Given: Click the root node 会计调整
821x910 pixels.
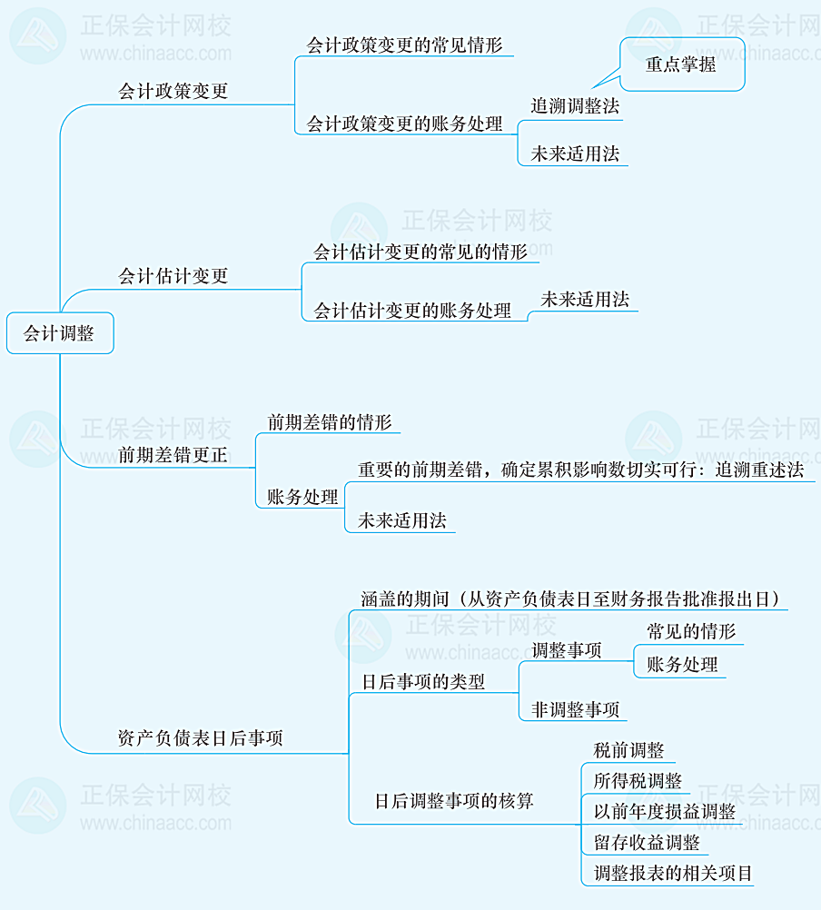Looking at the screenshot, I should click(59, 333).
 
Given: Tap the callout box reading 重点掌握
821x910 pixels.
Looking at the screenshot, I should click(681, 64).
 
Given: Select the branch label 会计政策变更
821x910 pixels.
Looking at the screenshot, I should click(173, 92).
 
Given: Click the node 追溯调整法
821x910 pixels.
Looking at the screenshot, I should click(575, 106).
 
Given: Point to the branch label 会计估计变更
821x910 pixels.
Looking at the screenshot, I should click(173, 276).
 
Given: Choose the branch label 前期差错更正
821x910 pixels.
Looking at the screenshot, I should click(173, 455).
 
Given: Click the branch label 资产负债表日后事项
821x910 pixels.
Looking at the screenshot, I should click(201, 738).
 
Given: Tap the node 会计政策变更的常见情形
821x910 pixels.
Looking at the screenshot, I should click(404, 45).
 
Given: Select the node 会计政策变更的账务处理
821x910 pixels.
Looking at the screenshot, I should click(405, 124).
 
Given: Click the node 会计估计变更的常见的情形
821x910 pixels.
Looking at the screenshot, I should click(420, 252).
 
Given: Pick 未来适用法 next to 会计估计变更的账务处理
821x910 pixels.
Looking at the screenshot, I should click(585, 300).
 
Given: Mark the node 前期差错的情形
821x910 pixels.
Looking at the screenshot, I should click(330, 422).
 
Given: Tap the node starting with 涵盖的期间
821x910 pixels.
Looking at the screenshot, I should click(570, 598).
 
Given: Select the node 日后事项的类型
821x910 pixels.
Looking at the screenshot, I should click(423, 682).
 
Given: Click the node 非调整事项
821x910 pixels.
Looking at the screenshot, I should click(576, 709).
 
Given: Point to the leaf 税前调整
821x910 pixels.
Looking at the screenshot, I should click(628, 750).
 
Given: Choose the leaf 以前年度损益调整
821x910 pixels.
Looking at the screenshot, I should click(664, 812).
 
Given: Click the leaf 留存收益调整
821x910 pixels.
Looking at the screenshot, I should click(647, 843).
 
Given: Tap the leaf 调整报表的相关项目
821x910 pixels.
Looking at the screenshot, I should click(673, 874).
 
